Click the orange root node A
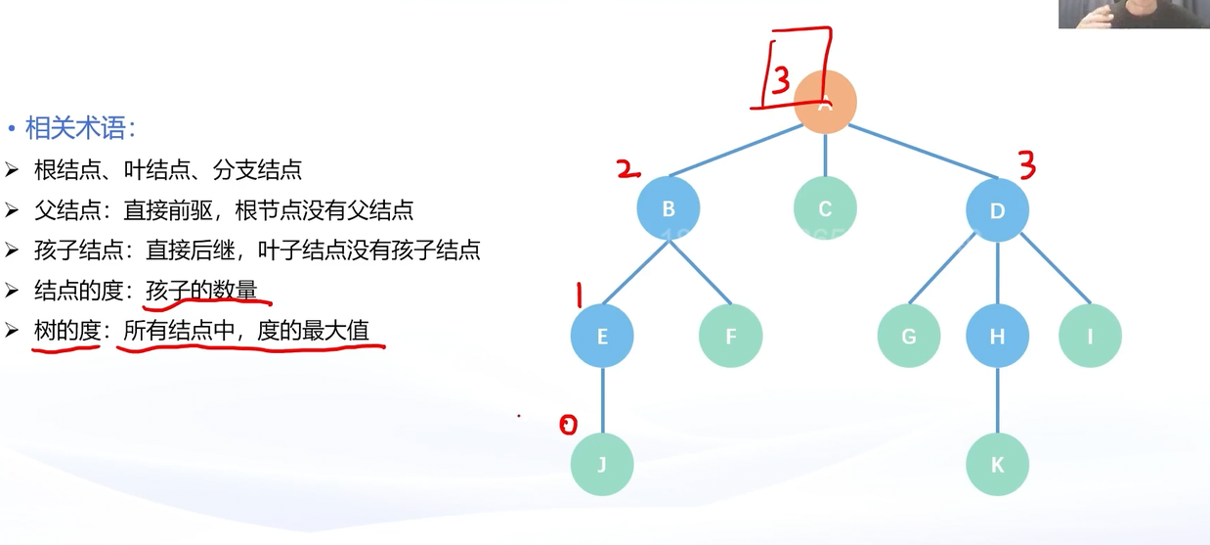826,102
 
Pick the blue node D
997,209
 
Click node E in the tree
602,337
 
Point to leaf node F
730,337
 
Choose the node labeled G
908,337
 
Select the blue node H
997,337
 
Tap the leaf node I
1090,337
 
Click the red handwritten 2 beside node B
628,170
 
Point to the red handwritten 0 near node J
568,424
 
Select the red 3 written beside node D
1026,165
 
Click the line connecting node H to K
997,400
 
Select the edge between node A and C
825,156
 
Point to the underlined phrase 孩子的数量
202,291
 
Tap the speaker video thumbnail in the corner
1134,14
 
